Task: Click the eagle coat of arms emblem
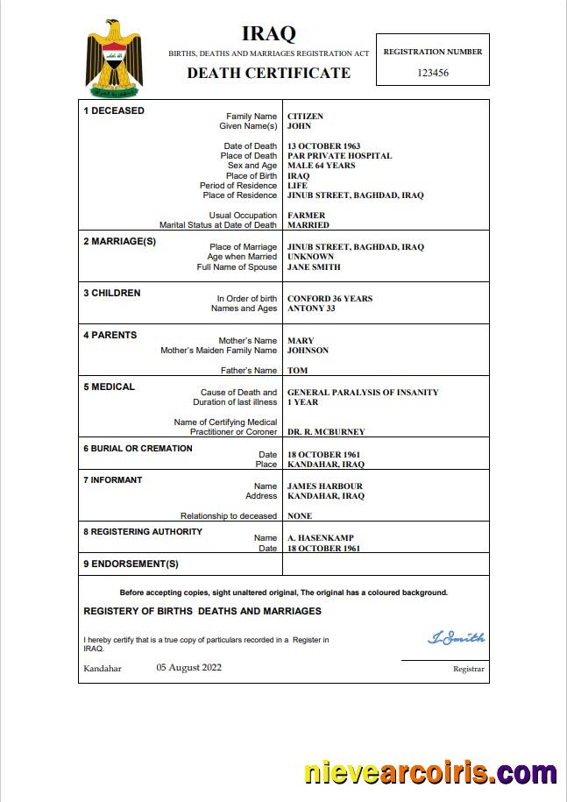click(x=113, y=60)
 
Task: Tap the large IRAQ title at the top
click(x=268, y=34)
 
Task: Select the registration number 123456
click(x=432, y=73)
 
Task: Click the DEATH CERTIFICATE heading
click(x=268, y=74)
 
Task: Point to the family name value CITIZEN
click(x=305, y=117)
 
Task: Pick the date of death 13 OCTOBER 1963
click(x=323, y=146)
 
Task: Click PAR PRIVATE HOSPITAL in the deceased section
click(x=339, y=156)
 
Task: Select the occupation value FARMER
click(x=306, y=216)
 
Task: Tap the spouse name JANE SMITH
click(x=314, y=267)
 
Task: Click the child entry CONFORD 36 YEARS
click(x=330, y=299)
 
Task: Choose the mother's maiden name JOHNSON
click(x=308, y=351)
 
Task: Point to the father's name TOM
click(x=297, y=371)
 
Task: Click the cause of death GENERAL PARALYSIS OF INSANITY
click(x=363, y=393)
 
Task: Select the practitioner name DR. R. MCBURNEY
click(x=326, y=432)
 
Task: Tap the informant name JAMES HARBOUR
click(x=324, y=486)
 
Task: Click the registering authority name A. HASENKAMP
click(x=322, y=538)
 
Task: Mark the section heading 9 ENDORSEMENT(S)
click(x=131, y=564)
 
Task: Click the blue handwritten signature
click(x=456, y=638)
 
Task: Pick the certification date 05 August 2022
click(x=188, y=667)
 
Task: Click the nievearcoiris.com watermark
click(x=429, y=773)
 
